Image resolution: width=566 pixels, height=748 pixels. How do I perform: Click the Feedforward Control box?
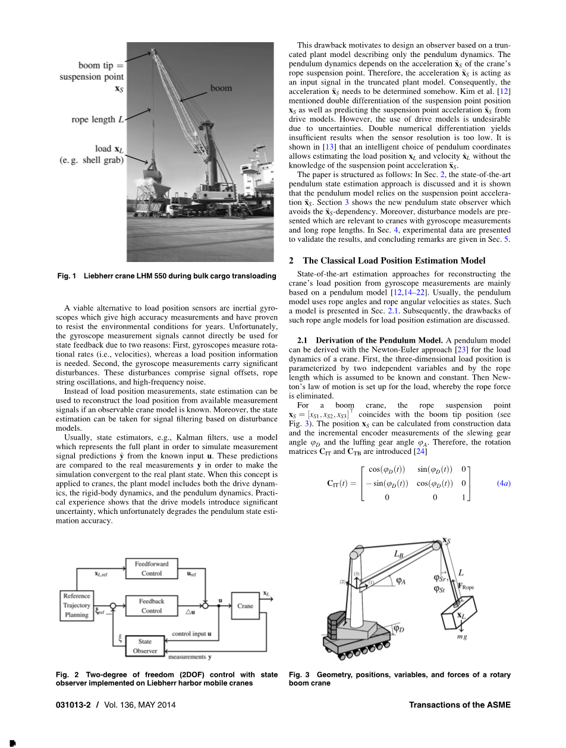point(151,569)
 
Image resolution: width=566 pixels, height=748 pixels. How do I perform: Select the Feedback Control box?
point(151,606)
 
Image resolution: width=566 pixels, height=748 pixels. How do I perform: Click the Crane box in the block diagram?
point(245,606)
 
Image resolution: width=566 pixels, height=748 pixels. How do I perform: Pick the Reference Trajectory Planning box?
point(77,605)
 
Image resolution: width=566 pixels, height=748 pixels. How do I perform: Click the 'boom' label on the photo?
point(221,88)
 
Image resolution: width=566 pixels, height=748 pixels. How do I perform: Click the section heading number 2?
point(291,261)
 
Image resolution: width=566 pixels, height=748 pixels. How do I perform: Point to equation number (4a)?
point(503,484)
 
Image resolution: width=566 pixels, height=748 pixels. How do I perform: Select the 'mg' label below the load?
point(461,637)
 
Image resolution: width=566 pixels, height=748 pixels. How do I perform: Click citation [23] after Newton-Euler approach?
point(460,349)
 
